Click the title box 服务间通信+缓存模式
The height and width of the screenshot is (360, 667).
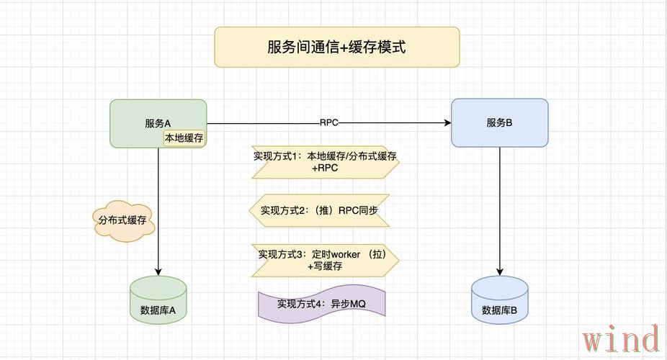point(336,48)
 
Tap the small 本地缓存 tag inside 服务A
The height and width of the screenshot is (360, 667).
point(184,138)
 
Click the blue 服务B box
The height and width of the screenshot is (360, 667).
point(499,122)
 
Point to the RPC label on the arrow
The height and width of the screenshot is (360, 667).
point(328,123)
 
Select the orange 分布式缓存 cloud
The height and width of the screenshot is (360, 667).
point(122,220)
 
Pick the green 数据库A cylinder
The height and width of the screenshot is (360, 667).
point(158,301)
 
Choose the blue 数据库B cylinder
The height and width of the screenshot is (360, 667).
point(499,301)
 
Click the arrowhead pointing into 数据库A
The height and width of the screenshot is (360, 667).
point(158,272)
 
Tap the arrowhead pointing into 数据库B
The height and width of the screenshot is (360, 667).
point(499,272)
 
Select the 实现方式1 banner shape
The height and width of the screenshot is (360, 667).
point(325,162)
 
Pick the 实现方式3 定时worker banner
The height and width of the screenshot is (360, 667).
point(325,260)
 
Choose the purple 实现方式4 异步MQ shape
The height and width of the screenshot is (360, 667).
point(322,304)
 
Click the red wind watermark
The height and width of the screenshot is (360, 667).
point(621,339)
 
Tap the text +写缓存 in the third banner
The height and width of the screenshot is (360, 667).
point(325,266)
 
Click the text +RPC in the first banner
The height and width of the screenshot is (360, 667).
point(325,168)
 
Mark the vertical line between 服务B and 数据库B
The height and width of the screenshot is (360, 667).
point(499,209)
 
